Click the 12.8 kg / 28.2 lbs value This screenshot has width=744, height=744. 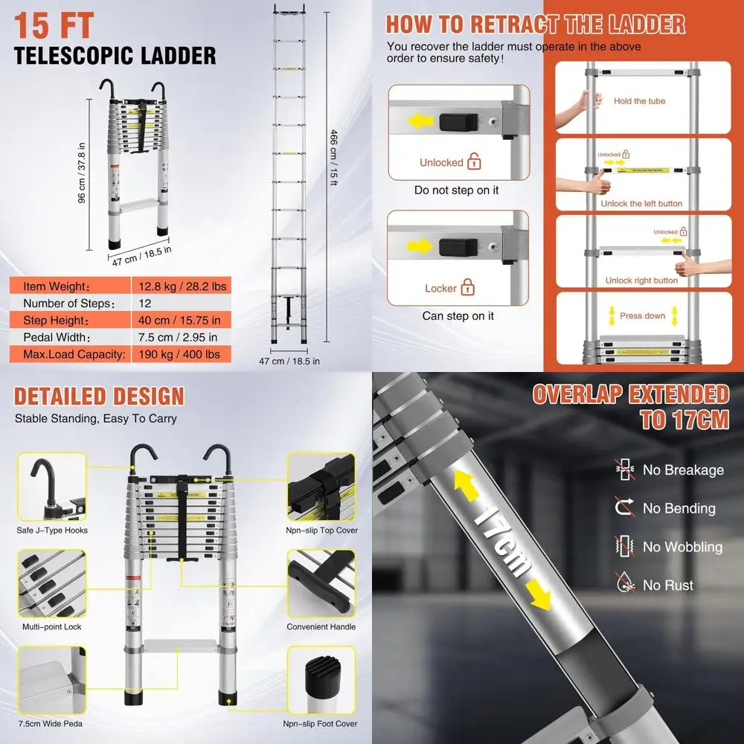click(182, 286)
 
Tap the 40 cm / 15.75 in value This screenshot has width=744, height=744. click(179, 320)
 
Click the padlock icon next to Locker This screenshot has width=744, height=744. click(468, 287)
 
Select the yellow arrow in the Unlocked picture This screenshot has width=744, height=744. click(421, 121)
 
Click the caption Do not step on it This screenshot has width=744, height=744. click(456, 190)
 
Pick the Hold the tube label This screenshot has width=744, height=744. click(639, 101)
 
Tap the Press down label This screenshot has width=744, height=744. click(642, 315)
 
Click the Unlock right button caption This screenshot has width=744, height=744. click(641, 280)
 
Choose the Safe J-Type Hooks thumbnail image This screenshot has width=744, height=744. click(51, 487)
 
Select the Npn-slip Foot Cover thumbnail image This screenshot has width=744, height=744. click(321, 681)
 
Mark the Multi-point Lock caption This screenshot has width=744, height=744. click(51, 627)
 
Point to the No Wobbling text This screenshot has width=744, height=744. click(682, 547)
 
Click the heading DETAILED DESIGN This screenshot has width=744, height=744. click(99, 396)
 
